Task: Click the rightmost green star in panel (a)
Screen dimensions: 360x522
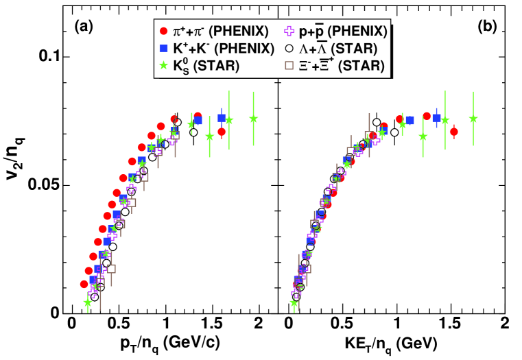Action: click(253, 118)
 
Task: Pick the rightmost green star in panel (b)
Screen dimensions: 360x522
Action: click(473, 118)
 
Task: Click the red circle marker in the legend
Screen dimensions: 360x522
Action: click(163, 32)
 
